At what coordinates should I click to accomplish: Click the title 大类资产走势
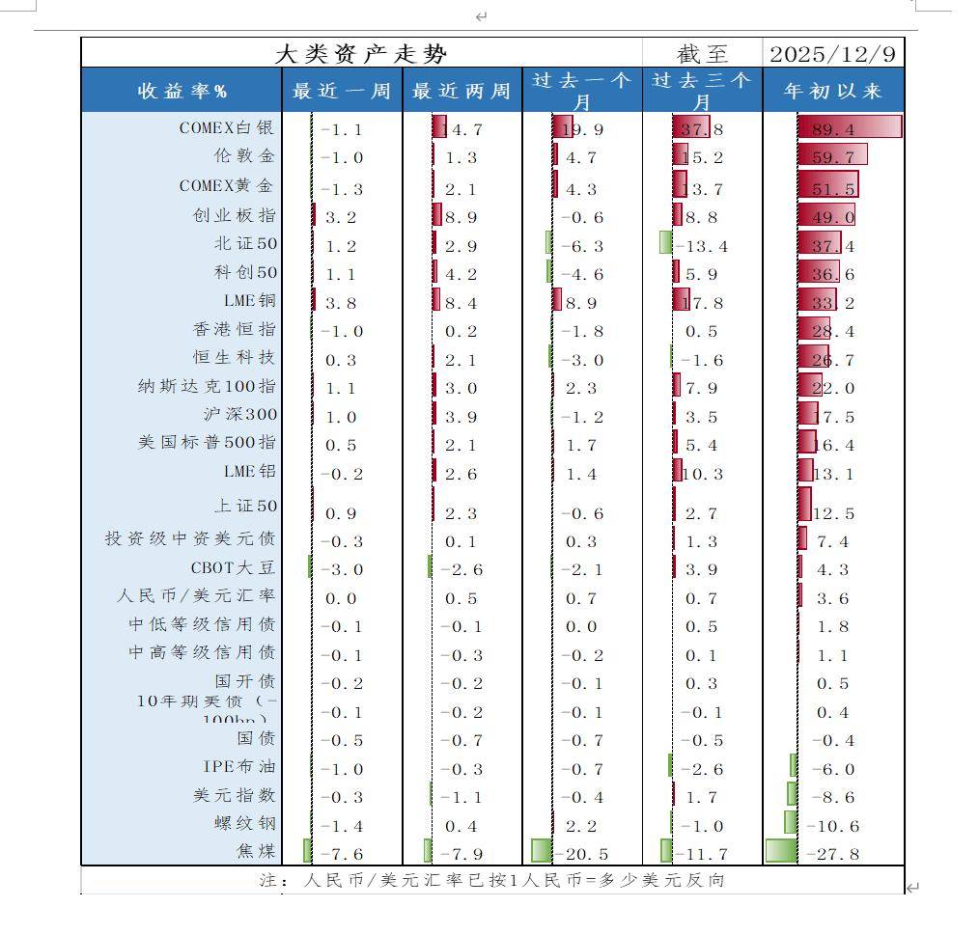click(361, 54)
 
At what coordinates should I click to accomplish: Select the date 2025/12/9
click(832, 54)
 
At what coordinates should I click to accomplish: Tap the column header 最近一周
click(342, 92)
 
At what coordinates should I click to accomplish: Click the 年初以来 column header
click(833, 92)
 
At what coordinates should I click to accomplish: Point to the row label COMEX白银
click(227, 127)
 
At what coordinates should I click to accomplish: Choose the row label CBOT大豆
click(233, 567)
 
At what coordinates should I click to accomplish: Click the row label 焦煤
click(256, 851)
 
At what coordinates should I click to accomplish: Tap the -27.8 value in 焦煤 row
click(832, 854)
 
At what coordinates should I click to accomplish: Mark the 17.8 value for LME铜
click(701, 303)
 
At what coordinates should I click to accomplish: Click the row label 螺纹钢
click(245, 823)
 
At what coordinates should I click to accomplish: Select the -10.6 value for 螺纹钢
click(832, 826)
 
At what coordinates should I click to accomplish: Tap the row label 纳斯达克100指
click(207, 387)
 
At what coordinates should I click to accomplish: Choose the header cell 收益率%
click(182, 92)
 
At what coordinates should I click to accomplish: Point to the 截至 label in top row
click(702, 54)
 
